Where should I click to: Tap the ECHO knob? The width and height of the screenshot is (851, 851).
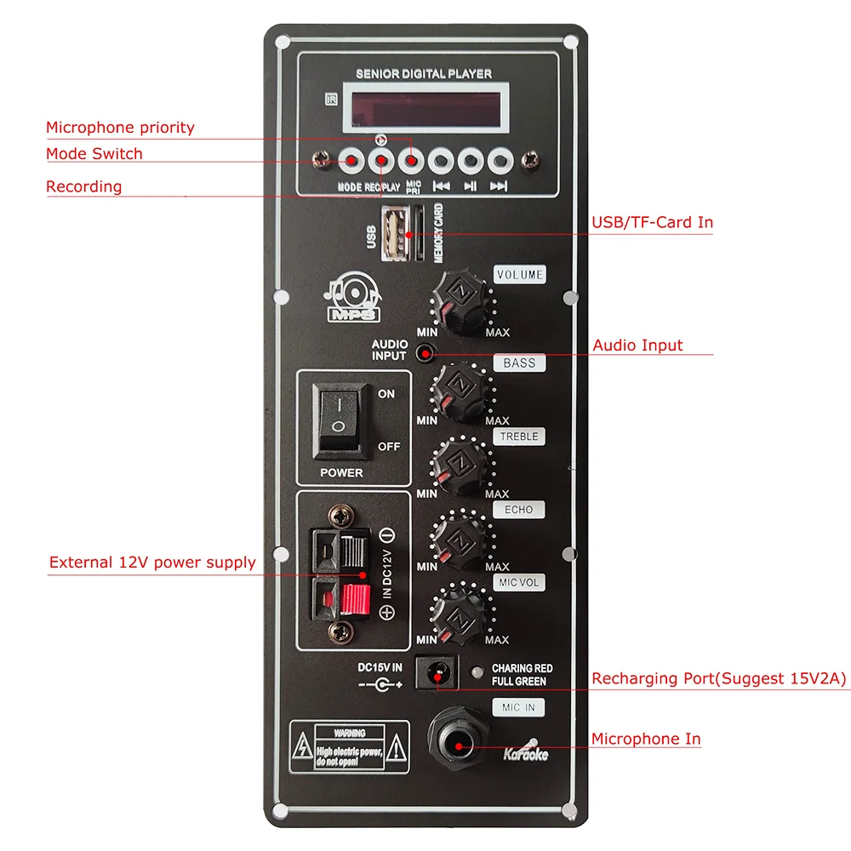[x=461, y=536]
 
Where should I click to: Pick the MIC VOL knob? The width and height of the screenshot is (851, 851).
[x=461, y=610]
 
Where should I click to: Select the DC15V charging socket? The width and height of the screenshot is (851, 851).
[x=437, y=673]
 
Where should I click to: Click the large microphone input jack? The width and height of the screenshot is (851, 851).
[x=458, y=743]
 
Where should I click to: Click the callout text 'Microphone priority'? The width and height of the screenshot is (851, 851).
[x=120, y=128]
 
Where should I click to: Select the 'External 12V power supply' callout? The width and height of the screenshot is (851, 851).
[x=152, y=563]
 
